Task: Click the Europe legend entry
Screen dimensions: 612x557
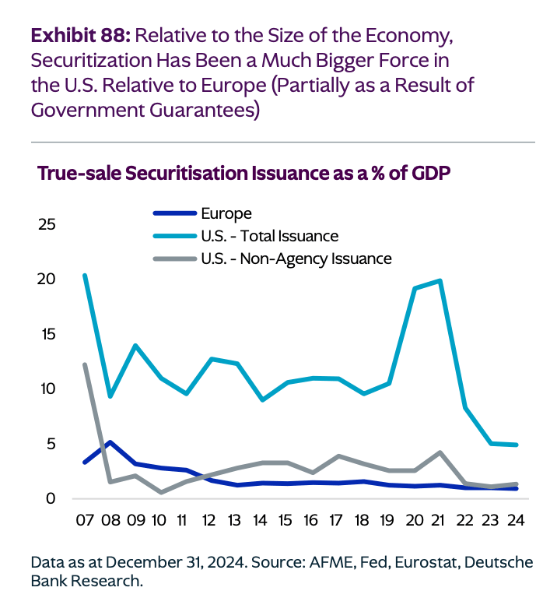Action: point(226,213)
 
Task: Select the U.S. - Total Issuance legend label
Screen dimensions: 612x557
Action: point(269,235)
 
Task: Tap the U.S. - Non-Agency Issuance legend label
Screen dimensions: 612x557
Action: point(296,258)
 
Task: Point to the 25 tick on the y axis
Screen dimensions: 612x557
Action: point(47,225)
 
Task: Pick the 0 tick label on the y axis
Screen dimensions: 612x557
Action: point(51,498)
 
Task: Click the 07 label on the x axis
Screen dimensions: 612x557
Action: point(84,520)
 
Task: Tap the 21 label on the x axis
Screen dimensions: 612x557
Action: point(440,520)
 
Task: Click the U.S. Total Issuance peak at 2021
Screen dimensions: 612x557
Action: point(440,280)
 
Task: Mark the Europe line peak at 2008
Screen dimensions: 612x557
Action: point(110,442)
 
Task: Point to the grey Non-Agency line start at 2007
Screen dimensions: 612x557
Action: point(84,364)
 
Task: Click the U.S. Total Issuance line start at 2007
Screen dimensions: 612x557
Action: point(84,275)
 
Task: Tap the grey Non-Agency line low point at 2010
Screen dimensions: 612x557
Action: point(161,492)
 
